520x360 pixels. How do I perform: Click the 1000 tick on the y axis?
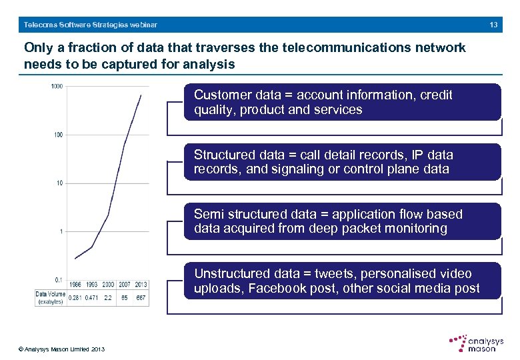click(x=57, y=87)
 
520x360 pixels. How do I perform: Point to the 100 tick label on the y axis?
click(x=58, y=135)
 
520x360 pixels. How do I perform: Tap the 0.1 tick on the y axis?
click(x=59, y=279)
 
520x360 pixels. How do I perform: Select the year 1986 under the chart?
click(x=75, y=285)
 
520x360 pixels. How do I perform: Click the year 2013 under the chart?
click(x=141, y=285)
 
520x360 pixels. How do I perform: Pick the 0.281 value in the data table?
click(x=75, y=298)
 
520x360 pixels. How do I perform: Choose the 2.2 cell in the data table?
click(x=107, y=298)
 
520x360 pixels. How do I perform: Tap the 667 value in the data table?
click(x=141, y=298)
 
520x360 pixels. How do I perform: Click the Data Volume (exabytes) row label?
click(x=51, y=297)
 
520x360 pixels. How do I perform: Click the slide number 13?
click(x=493, y=25)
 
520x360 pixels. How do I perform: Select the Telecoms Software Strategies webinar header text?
click(x=91, y=25)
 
